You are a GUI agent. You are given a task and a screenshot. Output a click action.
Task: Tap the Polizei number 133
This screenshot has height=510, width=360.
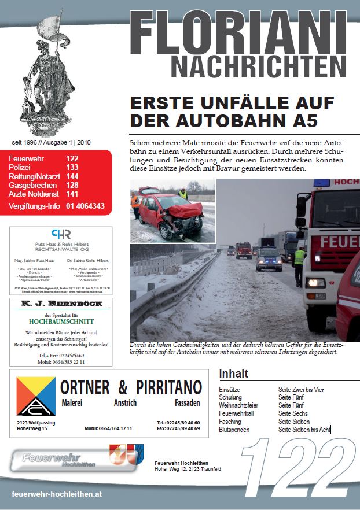[72, 167]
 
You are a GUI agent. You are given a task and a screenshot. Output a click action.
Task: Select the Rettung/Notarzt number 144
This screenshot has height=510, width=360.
[72, 176]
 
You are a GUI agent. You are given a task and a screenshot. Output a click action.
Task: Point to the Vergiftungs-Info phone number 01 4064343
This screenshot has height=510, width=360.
[85, 206]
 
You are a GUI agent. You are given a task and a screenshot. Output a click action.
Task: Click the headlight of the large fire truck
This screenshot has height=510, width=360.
[316, 283]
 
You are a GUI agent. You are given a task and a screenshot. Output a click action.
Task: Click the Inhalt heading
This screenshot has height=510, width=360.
[234, 373]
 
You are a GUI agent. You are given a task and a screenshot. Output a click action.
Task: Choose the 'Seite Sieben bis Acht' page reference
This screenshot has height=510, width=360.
[304, 430]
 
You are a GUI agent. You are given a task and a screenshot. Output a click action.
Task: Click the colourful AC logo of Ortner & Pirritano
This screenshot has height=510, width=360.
[36, 396]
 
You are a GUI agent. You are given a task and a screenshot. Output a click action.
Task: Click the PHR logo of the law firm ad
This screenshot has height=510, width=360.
[61, 234]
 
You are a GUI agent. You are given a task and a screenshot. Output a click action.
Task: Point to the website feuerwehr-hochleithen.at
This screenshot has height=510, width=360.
[57, 494]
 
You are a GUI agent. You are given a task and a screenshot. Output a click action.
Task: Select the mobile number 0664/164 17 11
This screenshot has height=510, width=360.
[108, 428]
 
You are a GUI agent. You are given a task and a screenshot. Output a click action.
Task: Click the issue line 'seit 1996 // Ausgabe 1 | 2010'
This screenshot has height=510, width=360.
[51, 142]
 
